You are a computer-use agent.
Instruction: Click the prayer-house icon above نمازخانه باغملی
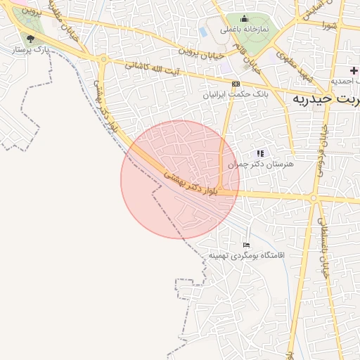point(244,19)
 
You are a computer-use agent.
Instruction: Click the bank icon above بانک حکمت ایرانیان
point(235,84)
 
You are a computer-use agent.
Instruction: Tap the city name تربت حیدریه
point(324,99)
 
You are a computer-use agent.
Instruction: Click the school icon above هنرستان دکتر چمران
point(260,153)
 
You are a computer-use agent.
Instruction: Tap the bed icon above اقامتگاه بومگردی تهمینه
point(246,243)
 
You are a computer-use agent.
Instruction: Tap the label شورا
point(329,25)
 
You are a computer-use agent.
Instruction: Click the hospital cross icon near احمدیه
point(353,70)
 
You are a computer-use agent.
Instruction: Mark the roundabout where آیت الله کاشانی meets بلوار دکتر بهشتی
point(103,60)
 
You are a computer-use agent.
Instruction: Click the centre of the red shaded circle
point(180,179)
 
